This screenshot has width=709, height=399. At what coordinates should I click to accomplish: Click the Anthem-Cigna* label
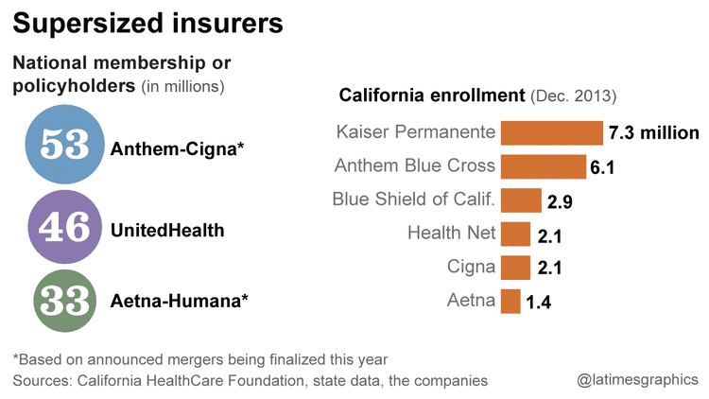pos(178,148)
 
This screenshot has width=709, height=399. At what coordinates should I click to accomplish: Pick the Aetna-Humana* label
pos(180,302)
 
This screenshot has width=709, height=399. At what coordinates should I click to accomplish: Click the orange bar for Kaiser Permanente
pos(552,133)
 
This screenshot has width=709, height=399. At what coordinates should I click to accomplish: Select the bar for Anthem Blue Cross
pos(544,167)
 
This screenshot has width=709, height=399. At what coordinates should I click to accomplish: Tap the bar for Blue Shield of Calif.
pos(521,200)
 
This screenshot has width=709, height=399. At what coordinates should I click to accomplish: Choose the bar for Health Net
pos(515,234)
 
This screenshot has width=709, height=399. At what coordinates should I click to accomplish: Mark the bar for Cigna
pos(515,268)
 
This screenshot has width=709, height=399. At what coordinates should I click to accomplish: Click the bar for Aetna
pos(510,302)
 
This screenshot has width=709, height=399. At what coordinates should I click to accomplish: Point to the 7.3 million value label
pos(654,133)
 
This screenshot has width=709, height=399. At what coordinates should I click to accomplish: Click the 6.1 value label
pos(602,168)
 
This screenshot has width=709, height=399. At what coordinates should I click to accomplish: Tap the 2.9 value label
pos(560,202)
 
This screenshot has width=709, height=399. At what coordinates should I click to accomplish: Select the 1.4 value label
pos(538,303)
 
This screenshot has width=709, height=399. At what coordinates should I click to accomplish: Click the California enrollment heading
pos(431,95)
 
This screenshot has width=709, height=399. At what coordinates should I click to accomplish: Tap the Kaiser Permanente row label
pos(416,131)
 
